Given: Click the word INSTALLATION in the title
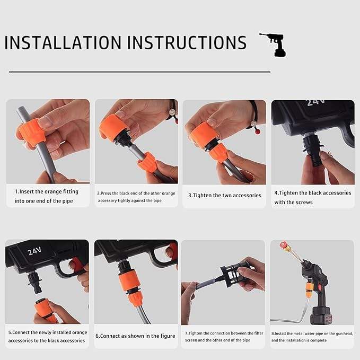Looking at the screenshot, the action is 63,42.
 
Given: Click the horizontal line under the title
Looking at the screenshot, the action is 139,72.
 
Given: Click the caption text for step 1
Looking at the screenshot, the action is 46,196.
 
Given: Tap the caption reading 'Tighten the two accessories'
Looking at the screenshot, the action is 225,196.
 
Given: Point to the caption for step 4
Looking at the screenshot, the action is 313,197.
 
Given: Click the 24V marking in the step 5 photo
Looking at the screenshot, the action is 34,251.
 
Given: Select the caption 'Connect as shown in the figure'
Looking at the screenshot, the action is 135,336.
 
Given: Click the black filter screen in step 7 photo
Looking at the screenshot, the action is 232,274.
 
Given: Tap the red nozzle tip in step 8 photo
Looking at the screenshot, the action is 284,245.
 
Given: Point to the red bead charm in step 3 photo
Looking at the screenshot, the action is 257,131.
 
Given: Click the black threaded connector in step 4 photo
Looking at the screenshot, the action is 312,149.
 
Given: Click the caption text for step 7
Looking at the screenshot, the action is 224,337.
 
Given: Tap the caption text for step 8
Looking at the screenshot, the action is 312,337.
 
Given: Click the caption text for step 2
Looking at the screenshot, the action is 136,197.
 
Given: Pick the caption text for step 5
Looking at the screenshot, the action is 48,336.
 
